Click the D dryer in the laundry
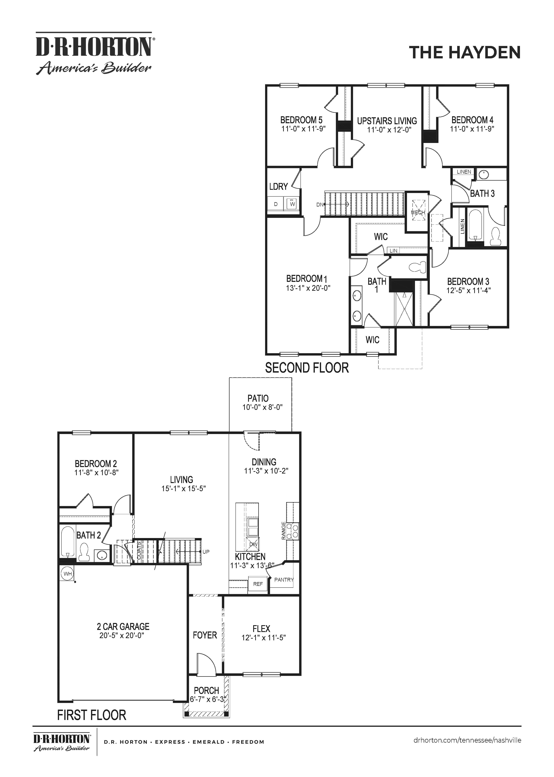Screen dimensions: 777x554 tap(276, 204)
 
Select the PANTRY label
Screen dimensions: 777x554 tap(284, 579)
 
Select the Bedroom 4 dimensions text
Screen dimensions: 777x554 tap(472, 129)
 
